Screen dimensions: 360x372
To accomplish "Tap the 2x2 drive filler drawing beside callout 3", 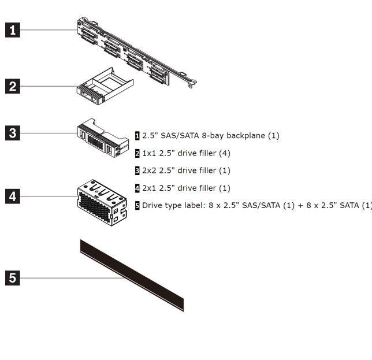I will click(x=103, y=138).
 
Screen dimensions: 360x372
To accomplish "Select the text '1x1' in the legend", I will click(x=150, y=153).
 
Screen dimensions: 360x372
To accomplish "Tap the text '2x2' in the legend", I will click(x=150, y=170).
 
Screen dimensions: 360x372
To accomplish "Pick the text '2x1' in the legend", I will click(x=150, y=188).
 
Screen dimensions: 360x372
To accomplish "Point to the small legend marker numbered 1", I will click(x=137, y=136).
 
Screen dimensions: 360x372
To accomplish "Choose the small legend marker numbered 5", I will click(x=137, y=205).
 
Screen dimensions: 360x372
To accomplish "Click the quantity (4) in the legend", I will click(x=225, y=153).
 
